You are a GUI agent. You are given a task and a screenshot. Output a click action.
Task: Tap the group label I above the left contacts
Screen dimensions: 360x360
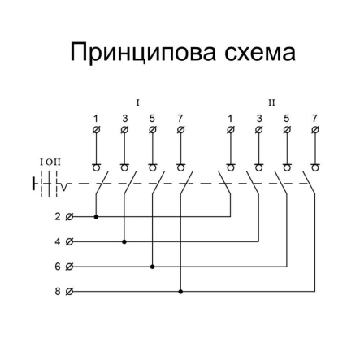(138, 103)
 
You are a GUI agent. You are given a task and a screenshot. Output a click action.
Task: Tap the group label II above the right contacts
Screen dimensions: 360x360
(272, 103)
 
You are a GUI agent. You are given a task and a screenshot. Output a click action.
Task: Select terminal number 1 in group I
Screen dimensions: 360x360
(96, 119)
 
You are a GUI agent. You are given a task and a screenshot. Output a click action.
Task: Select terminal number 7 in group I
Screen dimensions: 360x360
(180, 119)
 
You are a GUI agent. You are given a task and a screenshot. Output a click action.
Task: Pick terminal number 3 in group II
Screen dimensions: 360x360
(258, 119)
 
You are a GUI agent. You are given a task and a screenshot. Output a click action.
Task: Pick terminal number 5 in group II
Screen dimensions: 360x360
(286, 119)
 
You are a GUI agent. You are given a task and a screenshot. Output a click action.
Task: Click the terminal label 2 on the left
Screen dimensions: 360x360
(57, 217)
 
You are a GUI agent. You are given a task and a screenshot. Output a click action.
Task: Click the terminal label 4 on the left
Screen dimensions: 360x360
(57, 241)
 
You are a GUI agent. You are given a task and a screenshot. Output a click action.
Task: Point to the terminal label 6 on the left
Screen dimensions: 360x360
(57, 266)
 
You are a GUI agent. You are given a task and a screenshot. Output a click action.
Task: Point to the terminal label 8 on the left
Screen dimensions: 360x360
(57, 290)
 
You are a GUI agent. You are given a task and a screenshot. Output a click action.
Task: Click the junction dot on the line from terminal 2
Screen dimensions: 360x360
(96, 217)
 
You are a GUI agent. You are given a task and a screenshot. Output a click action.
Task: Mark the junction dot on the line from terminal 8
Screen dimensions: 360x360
(180, 290)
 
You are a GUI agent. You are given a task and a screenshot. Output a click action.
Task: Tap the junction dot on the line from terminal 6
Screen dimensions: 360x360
(152, 266)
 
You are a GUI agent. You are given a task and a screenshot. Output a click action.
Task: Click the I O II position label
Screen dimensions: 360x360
(50, 163)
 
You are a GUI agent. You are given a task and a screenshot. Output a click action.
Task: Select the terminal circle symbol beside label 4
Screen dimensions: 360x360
(68, 241)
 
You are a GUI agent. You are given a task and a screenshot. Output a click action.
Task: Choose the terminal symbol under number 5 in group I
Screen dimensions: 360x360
(152, 130)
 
